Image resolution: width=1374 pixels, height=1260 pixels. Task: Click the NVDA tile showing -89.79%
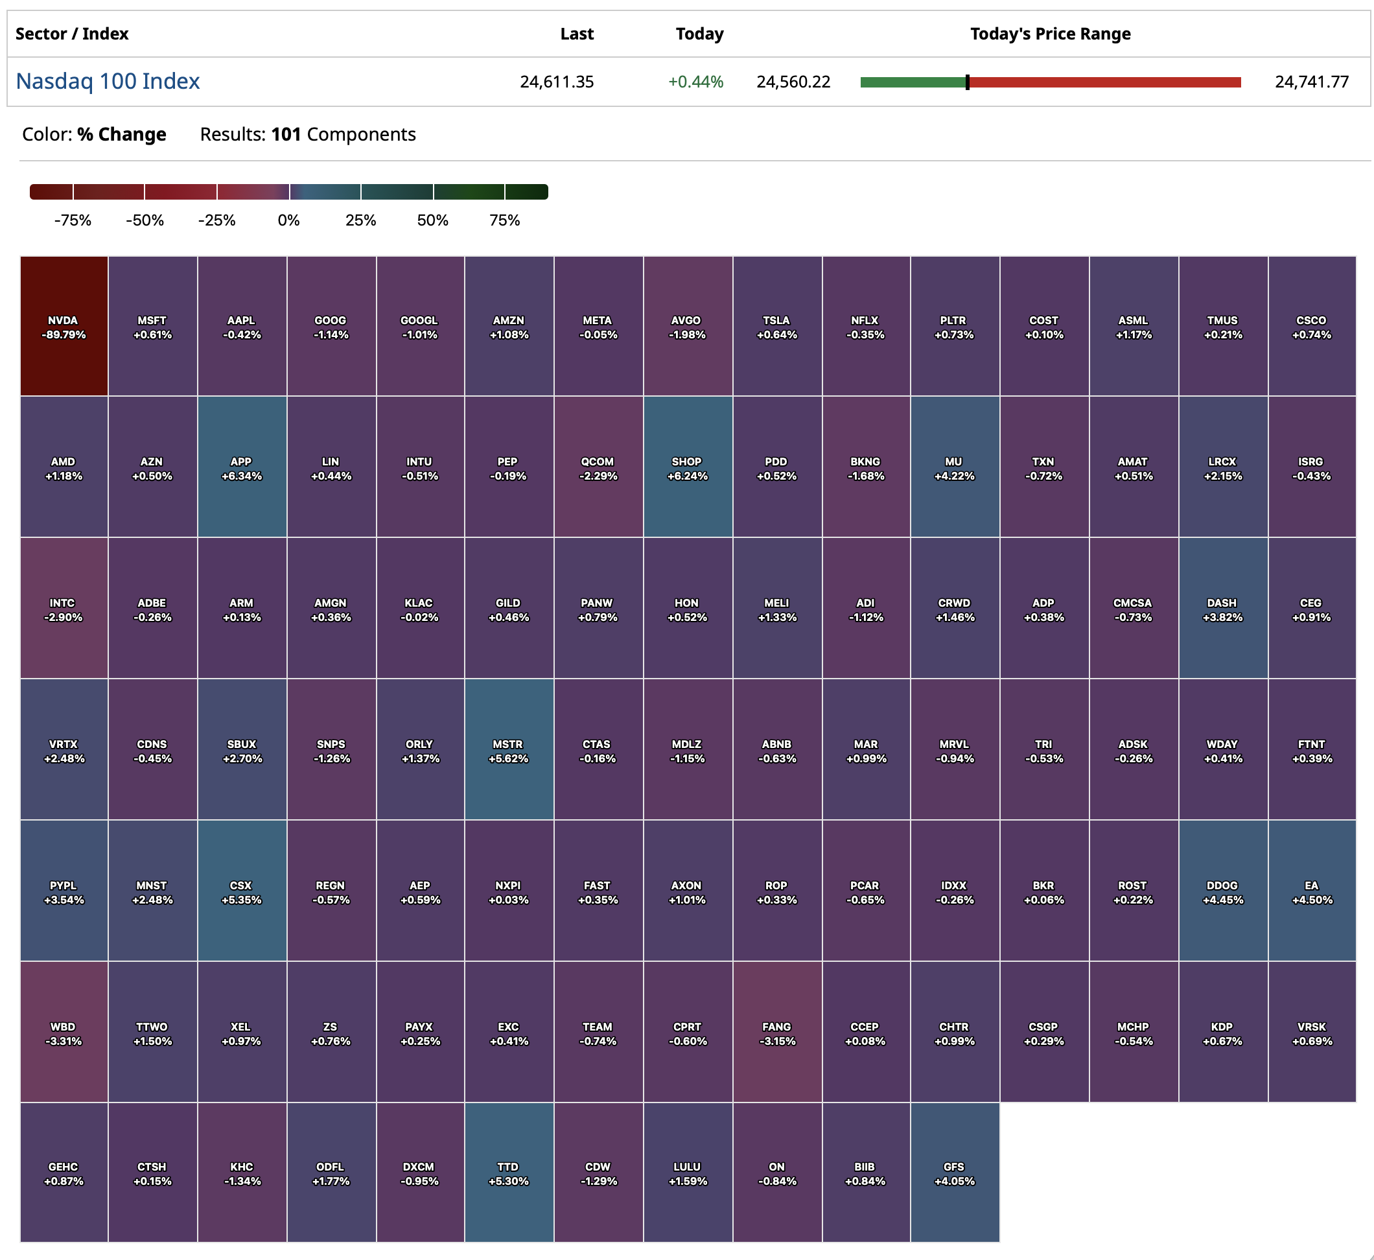tap(64, 327)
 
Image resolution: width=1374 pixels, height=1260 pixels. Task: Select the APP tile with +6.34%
tap(241, 468)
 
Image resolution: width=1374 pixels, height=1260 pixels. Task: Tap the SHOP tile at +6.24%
tap(688, 468)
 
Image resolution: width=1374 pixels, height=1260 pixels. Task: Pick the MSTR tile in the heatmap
tap(509, 750)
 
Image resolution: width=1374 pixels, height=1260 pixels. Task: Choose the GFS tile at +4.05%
tap(955, 1172)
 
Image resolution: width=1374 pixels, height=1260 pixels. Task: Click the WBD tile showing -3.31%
tap(64, 1032)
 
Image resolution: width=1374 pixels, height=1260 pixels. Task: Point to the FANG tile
tap(776, 1032)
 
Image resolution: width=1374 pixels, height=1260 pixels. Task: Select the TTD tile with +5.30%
tap(509, 1172)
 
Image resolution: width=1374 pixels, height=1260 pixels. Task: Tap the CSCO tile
tap(1311, 327)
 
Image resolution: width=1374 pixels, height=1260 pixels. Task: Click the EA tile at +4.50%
tap(1311, 891)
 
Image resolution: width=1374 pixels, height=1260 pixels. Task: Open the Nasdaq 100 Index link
tap(108, 81)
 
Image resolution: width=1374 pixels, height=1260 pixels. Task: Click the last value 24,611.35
tap(557, 82)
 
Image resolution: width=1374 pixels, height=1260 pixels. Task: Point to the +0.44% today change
tap(695, 82)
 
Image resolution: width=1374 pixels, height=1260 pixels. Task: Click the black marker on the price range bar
tap(967, 82)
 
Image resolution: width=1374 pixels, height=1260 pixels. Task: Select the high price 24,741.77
tap(1311, 82)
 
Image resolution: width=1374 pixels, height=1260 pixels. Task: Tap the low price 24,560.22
tap(793, 82)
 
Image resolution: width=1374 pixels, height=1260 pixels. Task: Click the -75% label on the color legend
tap(73, 220)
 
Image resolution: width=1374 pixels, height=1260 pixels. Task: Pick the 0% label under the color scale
tap(288, 220)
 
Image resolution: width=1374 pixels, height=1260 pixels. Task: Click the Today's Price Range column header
tap(1050, 34)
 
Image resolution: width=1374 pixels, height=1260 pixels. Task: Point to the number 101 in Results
tap(286, 134)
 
